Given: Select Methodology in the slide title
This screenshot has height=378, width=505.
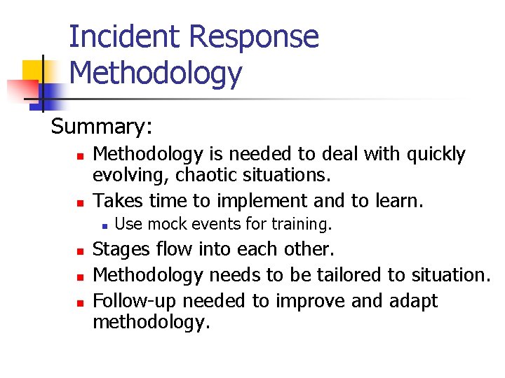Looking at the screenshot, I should [156, 73].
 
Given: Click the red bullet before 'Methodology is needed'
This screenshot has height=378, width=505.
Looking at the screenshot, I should [81, 155].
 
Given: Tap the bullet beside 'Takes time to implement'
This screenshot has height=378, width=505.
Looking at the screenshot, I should [81, 203].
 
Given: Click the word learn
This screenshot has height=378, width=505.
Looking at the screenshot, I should [398, 201].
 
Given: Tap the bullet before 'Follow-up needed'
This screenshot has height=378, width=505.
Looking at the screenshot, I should [81, 302].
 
